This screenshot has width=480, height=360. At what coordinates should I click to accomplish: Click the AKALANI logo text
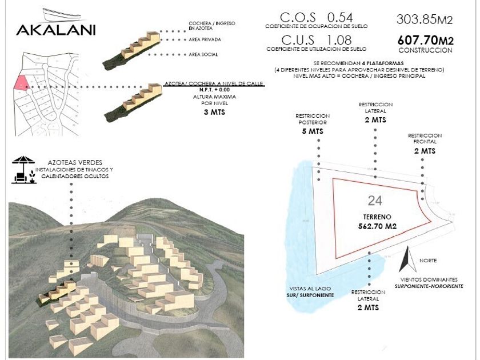click(x=55, y=29)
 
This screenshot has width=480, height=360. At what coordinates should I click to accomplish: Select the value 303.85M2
click(x=424, y=20)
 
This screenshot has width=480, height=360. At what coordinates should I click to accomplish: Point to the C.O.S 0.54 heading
click(x=317, y=17)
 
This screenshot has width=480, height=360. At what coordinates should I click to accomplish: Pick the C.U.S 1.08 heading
click(x=317, y=40)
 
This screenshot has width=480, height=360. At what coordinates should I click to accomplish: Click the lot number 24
click(x=375, y=200)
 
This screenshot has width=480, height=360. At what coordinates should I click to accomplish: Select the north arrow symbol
click(x=408, y=260)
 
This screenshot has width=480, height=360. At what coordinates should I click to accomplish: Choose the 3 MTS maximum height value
click(x=214, y=113)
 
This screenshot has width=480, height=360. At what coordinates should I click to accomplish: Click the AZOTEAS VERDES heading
click(x=71, y=163)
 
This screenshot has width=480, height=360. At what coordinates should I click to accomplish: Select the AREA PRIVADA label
click(x=205, y=40)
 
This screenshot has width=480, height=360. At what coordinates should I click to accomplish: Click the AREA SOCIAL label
click(x=203, y=54)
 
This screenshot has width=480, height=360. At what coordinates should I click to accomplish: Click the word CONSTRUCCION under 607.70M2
click(x=426, y=50)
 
